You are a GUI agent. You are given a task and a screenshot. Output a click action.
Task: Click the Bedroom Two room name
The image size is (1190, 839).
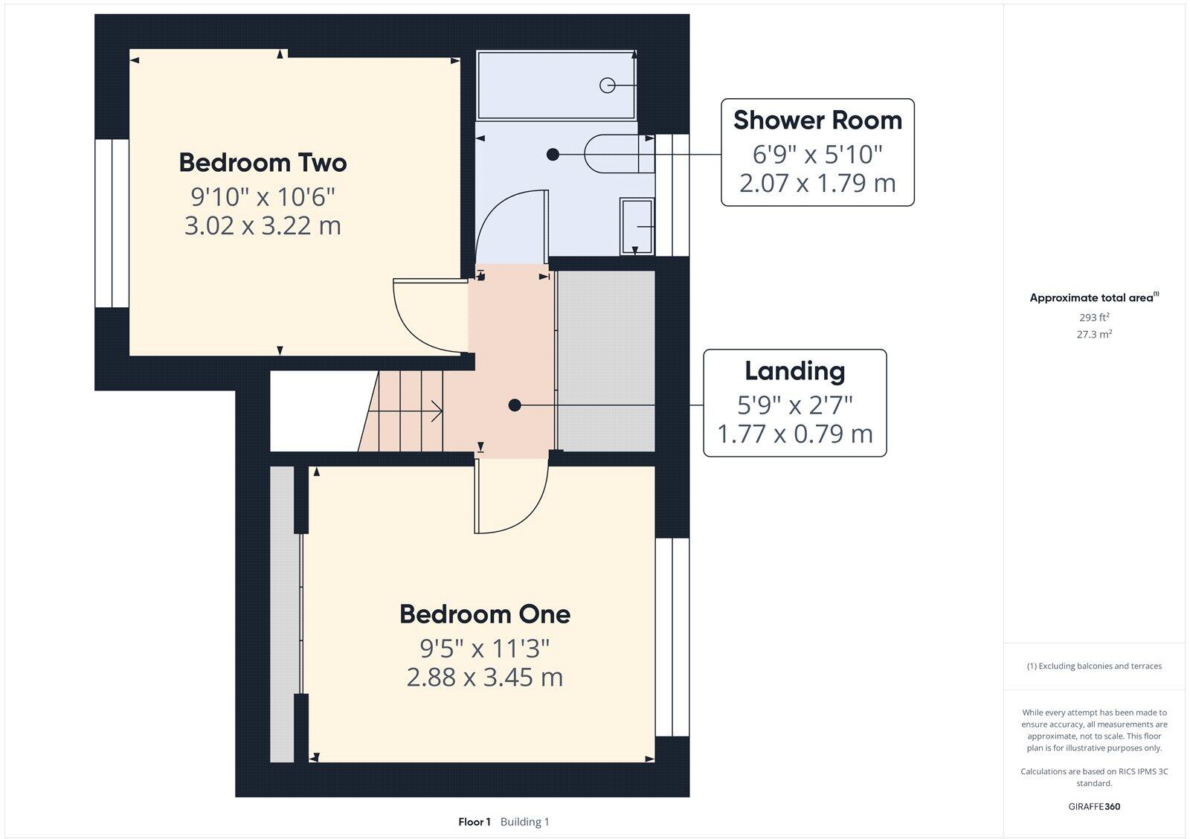click(263, 163)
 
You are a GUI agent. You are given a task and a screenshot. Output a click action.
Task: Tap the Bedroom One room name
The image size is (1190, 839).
click(485, 614)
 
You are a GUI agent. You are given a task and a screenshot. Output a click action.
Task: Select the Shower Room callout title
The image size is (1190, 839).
click(817, 120)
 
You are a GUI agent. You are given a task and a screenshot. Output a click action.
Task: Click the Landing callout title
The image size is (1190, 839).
click(794, 371)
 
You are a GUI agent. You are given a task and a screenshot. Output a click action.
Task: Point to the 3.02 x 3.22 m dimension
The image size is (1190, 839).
click(263, 225)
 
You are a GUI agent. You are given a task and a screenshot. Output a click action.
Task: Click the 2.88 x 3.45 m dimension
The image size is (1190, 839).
click(485, 678)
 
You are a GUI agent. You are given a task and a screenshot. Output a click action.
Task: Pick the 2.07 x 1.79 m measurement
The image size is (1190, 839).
click(817, 183)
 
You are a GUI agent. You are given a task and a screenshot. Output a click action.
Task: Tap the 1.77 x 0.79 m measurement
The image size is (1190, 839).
click(794, 434)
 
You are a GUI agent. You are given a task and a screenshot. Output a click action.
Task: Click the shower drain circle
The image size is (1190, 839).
click(608, 86)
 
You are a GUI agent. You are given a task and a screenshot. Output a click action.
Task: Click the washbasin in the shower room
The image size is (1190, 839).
click(637, 226)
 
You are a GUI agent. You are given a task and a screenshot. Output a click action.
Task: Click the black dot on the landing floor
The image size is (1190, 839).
click(514, 405)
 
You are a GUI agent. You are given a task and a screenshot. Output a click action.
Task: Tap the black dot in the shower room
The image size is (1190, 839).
click(553, 155)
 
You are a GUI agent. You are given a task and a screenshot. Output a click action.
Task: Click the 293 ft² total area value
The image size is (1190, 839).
click(1094, 318)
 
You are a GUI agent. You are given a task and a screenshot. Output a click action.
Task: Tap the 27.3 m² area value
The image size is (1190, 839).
click(1094, 335)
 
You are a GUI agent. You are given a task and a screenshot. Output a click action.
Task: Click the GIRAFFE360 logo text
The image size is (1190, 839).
click(1094, 806)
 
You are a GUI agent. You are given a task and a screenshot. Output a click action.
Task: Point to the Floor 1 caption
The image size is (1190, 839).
click(475, 822)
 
